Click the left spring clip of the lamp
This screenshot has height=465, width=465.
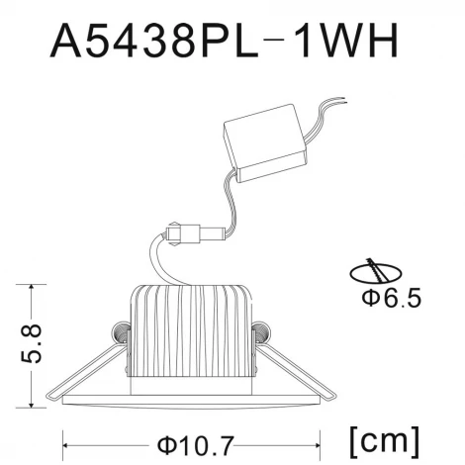click(118, 333)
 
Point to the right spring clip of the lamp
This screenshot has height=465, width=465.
click(260, 335)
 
